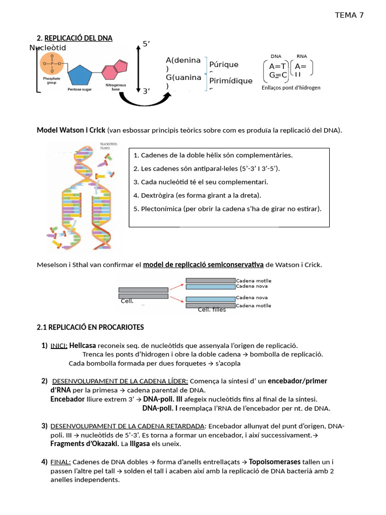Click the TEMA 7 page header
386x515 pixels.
(x=349, y=15)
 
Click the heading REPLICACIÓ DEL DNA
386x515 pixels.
(x=78, y=38)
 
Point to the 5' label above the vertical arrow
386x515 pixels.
(x=147, y=44)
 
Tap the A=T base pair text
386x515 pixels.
(x=277, y=66)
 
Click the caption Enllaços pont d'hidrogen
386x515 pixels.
(x=291, y=88)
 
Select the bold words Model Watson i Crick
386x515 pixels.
(x=71, y=130)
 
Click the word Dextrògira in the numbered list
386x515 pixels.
(x=158, y=195)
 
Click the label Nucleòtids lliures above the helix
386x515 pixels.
(x=108, y=146)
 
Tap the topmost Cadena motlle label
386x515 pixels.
(x=254, y=281)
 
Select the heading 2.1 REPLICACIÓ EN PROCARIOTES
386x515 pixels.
(x=90, y=327)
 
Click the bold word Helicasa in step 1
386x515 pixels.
(x=82, y=346)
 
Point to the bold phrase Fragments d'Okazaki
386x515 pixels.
(x=84, y=444)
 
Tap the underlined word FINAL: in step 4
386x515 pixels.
(x=60, y=462)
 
